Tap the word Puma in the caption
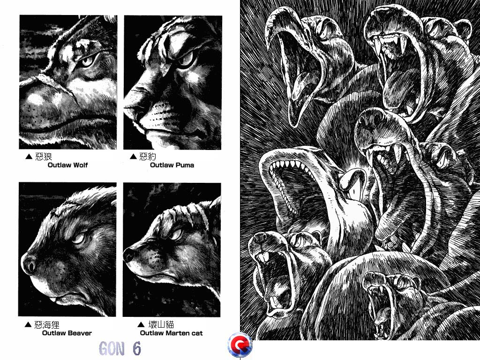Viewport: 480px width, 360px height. [x=185, y=165]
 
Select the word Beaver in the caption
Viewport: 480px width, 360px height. [x=79, y=333]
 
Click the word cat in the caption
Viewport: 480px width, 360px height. [x=197, y=333]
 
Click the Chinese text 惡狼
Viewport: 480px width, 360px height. [x=44, y=157]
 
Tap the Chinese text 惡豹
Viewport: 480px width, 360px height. [x=148, y=157]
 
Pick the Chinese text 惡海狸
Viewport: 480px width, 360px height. [x=46, y=324]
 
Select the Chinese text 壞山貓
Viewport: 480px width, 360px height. [x=161, y=324]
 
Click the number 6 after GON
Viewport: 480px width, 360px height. [x=136, y=348]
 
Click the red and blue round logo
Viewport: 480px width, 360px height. [x=240, y=345]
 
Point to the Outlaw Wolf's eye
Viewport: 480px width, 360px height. [x=87, y=61]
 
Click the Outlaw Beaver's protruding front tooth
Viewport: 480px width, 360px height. [x=53, y=300]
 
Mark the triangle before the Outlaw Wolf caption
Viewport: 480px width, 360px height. [x=29, y=157]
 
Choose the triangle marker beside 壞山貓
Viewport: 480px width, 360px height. [x=141, y=324]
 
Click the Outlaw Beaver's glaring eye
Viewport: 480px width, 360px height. [x=79, y=239]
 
